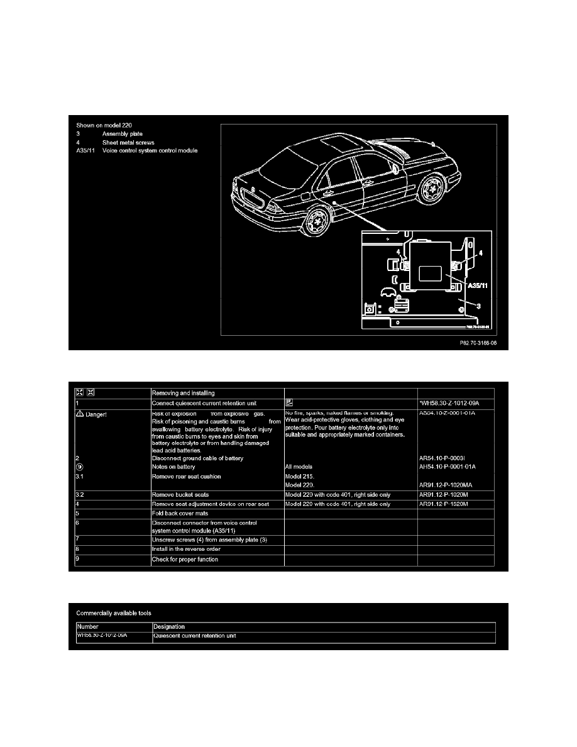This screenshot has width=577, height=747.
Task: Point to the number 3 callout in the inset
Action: pyautogui.click(x=479, y=306)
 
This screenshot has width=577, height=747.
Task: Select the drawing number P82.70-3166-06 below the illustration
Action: pyautogui.click(x=483, y=343)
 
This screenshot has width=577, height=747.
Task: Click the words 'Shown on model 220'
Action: pyautogui.click(x=104, y=125)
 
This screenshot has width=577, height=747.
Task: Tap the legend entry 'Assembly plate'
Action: pyautogui.click(x=124, y=134)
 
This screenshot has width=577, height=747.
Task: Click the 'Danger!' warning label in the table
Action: pyautogui.click(x=97, y=413)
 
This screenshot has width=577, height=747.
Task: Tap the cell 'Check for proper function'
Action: pyautogui.click(x=185, y=559)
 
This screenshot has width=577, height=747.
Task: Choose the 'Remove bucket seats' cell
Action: pyautogui.click(x=180, y=495)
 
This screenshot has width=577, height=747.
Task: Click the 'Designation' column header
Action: pyautogui.click(x=169, y=627)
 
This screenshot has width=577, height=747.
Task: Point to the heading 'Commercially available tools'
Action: pyautogui.click(x=114, y=612)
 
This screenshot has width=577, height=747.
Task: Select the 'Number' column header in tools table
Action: pyautogui.click(x=89, y=627)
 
